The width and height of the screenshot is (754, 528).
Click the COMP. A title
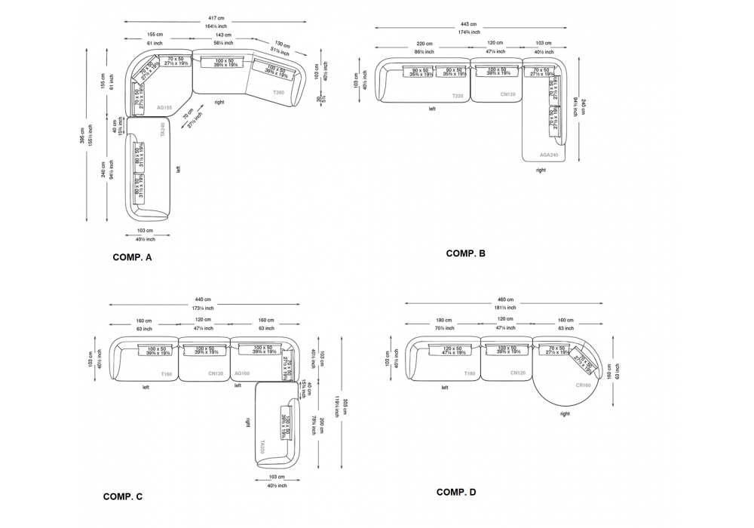click(132, 258)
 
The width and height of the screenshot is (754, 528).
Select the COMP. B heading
click(466, 253)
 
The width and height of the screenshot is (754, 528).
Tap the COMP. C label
click(123, 496)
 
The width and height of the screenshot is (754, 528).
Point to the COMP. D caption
click(456, 493)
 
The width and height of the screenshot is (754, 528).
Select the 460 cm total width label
click(505, 299)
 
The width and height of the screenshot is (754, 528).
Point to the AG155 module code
click(164, 108)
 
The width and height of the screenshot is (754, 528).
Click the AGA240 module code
click(549, 155)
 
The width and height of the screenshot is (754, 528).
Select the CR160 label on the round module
click(583, 385)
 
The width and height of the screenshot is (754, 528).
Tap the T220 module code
click(458, 96)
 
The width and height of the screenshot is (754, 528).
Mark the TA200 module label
click(261, 447)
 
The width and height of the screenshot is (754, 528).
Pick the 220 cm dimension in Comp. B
click(425, 43)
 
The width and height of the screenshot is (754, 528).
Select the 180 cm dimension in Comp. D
click(443, 320)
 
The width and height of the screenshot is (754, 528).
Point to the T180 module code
click(469, 373)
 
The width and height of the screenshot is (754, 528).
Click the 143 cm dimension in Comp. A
click(223, 35)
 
